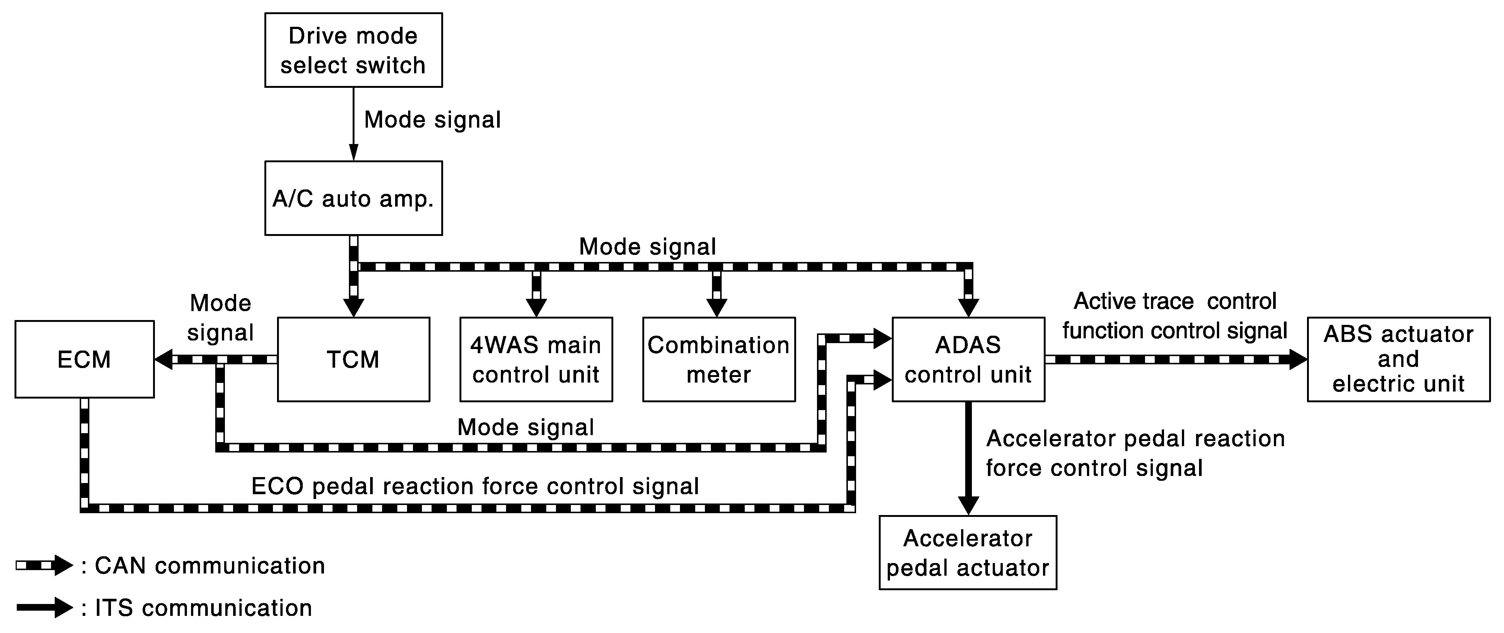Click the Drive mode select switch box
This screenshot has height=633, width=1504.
click(353, 50)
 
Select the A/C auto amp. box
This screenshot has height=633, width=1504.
click(353, 198)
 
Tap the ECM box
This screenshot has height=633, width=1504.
click(85, 359)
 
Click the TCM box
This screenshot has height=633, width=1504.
click(353, 359)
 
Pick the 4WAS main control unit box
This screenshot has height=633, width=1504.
click(536, 359)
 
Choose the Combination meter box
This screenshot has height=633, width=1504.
click(719, 359)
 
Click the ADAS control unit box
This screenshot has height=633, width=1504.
click(968, 359)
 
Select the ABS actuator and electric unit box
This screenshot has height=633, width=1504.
click(1398, 359)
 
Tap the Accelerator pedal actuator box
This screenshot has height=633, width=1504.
click(968, 553)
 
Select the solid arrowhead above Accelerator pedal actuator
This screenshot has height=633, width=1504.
click(968, 506)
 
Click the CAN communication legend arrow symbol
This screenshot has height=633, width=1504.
click(44, 565)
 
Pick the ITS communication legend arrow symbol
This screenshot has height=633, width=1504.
click(44, 607)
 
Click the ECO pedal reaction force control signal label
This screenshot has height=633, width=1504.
click(475, 486)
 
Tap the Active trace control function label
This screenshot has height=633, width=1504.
click(1175, 316)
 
